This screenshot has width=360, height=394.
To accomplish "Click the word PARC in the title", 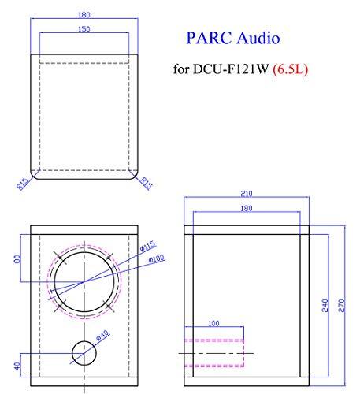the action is click(x=209, y=38).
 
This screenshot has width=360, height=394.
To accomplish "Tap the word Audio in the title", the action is click(x=258, y=38).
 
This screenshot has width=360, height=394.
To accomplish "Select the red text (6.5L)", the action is click(x=290, y=69).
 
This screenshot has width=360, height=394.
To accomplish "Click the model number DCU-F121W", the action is click(x=231, y=69).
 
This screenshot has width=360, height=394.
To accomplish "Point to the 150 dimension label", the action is click(x=84, y=29).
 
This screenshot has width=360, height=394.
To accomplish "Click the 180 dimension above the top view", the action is click(x=84, y=15).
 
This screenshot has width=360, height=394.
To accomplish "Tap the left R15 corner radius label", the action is click(x=22, y=184).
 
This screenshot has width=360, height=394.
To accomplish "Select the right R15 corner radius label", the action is click(x=147, y=183).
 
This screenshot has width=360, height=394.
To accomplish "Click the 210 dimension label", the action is click(x=247, y=194).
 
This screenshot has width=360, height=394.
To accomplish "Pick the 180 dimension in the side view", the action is click(x=247, y=208).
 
